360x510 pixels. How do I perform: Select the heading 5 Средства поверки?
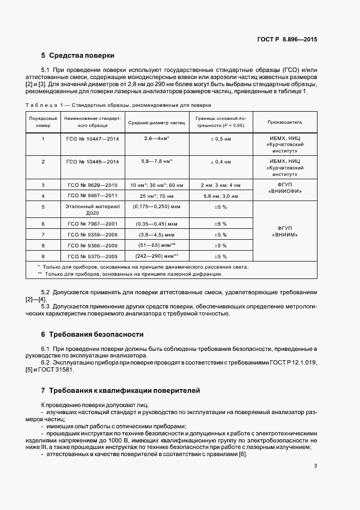(78, 56)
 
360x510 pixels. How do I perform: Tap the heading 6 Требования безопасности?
(93, 334)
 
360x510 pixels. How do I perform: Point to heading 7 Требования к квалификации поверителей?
(120, 391)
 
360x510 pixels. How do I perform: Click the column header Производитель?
(285, 122)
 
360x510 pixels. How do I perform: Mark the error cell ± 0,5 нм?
(220, 139)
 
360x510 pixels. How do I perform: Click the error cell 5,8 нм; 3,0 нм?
(220, 195)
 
